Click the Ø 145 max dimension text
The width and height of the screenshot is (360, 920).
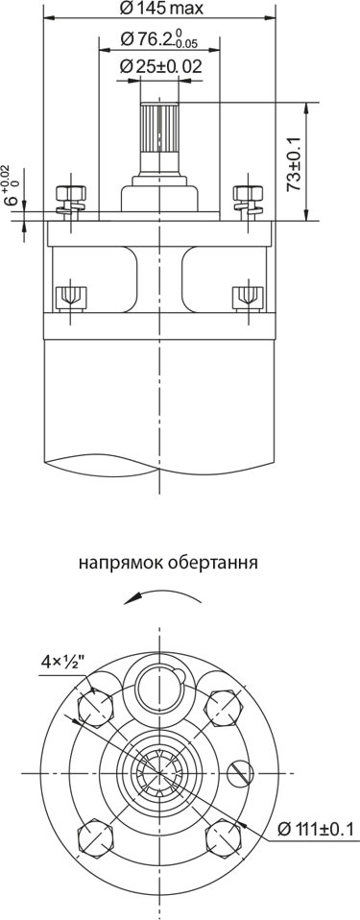[x=161, y=9]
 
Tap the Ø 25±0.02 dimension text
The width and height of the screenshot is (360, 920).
[x=159, y=66]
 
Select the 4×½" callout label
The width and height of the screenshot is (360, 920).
[x=63, y=663]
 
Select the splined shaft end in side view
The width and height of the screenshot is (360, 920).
[x=159, y=128]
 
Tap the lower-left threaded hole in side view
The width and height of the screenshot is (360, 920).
[x=70, y=297]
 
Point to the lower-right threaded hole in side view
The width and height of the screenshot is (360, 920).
[x=249, y=297]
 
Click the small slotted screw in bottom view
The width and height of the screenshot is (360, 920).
[x=240, y=773]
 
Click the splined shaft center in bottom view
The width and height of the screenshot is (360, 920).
[x=159, y=773]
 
